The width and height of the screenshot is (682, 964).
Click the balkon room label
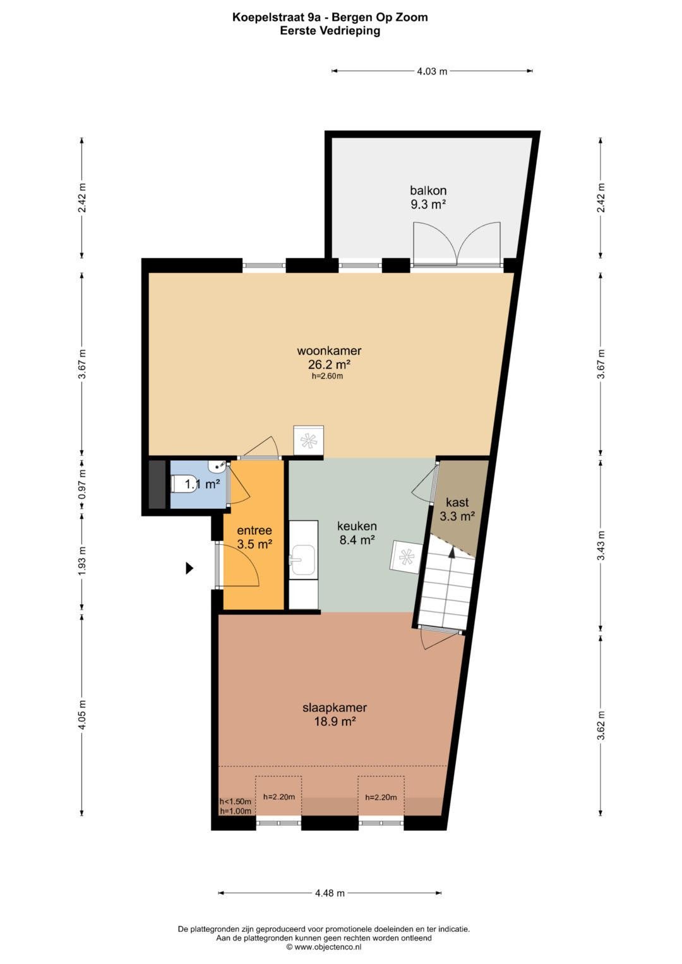pos(428,190)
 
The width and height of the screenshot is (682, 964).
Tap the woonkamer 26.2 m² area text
pos(329,365)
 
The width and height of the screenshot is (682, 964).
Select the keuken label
pos(357,526)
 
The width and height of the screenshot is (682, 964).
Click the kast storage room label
pos(457,503)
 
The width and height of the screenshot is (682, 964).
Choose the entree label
pos(254,530)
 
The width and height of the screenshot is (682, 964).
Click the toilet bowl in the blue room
pos(177,484)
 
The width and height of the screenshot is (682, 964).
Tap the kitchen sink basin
pos(302,560)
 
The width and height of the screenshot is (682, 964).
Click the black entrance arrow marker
pos(189,568)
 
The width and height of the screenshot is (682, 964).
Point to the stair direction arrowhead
pos(452,552)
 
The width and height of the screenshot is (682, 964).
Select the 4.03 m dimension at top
pos(432,71)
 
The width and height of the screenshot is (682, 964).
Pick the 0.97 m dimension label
pos(83,484)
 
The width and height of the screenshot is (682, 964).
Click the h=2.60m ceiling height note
pos(327,376)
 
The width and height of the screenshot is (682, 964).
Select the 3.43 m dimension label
pos(602,544)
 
